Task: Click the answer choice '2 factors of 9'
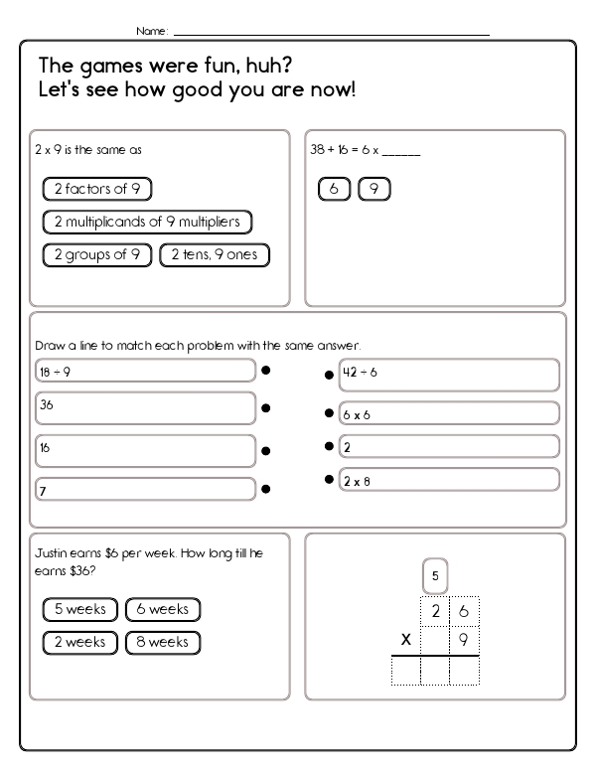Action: click(x=97, y=188)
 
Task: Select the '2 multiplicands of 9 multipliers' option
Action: click(x=147, y=222)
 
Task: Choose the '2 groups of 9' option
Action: click(x=96, y=254)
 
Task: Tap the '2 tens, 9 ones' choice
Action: click(x=214, y=254)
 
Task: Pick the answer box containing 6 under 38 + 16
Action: click(x=334, y=188)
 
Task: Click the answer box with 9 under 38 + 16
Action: click(x=373, y=188)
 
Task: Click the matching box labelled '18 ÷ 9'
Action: click(x=145, y=371)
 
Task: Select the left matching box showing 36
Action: click(x=145, y=407)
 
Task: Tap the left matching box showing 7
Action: click(x=145, y=489)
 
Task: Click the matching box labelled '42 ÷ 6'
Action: click(x=448, y=375)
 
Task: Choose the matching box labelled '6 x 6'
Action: click(x=448, y=413)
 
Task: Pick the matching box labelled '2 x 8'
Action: click(x=448, y=481)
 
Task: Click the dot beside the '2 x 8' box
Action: click(x=328, y=480)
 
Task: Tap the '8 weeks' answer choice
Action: click(x=163, y=642)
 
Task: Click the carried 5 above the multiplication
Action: click(x=435, y=575)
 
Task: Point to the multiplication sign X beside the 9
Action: click(x=405, y=641)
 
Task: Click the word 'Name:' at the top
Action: click(x=152, y=31)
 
